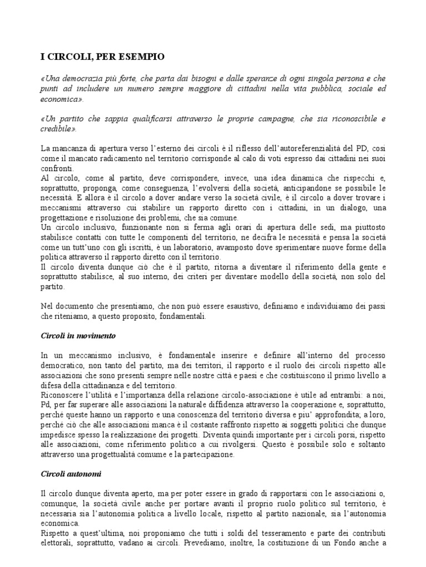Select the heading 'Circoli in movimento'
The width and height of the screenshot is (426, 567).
click(78, 336)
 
